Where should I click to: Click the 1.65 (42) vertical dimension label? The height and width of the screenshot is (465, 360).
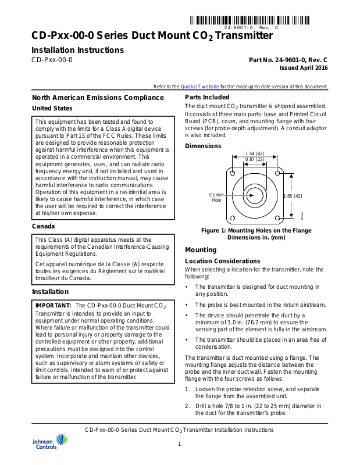[x=293, y=196]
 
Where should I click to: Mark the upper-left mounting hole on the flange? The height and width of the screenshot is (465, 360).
[x=232, y=174]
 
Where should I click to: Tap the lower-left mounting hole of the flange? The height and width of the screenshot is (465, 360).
[x=232, y=219]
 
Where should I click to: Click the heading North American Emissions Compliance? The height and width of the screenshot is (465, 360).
[x=91, y=98]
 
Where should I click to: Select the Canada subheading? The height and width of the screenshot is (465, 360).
[x=44, y=226]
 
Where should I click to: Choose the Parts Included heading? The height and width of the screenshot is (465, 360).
[x=207, y=97]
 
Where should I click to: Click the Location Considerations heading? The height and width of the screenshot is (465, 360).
[x=223, y=261]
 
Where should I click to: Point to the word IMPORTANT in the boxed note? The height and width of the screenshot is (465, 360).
[x=54, y=305]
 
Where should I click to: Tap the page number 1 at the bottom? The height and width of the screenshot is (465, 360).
[x=180, y=444]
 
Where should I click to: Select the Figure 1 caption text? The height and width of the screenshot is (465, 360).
[x=256, y=234]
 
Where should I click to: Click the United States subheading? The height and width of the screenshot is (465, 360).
[x=52, y=108]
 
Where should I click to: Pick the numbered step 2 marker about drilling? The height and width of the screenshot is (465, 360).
[x=187, y=406]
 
